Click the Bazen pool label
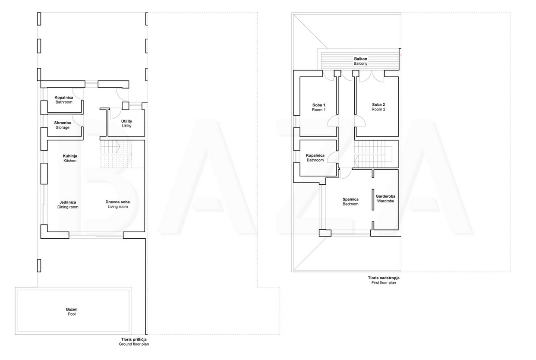[72, 312]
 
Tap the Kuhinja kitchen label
[70, 158]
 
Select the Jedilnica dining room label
[68, 205]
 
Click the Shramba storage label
[63, 125]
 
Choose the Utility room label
[126, 123]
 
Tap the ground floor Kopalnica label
[63, 100]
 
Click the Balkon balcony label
[361, 61]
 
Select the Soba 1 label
[319, 107]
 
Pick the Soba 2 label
[378, 107]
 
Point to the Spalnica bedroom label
[350, 202]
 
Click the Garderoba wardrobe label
[385, 199]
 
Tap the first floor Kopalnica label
[315, 158]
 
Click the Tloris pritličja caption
[134, 342]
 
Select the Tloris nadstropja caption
[384, 280]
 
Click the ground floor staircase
[116, 154]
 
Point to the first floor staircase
[373, 154]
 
